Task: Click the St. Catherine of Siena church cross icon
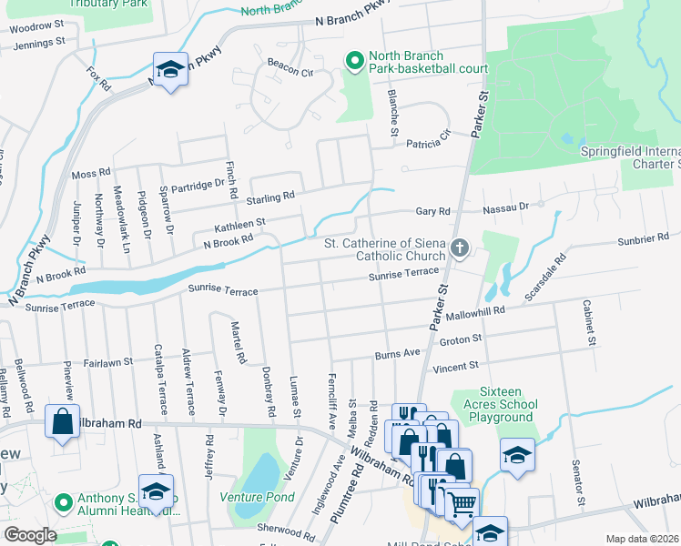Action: (x=461, y=248)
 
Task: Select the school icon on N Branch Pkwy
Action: (x=170, y=69)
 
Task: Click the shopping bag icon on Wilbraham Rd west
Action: (x=62, y=422)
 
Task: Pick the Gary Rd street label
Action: (x=433, y=211)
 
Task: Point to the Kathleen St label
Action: (x=239, y=223)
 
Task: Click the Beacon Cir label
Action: (x=290, y=64)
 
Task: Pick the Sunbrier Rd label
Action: (x=648, y=238)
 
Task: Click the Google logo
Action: (x=30, y=535)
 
